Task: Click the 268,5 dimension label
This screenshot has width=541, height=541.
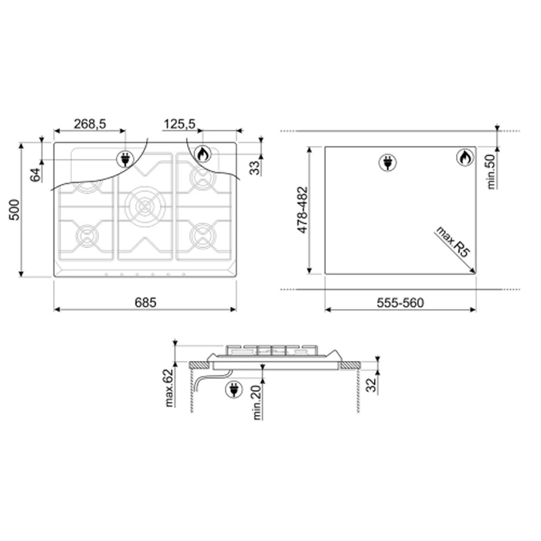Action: [x=90, y=124]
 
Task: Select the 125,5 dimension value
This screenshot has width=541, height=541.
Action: [x=179, y=124]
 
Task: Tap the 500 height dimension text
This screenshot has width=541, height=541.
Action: [x=15, y=209]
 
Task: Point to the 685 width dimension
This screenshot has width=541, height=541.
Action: [x=145, y=303]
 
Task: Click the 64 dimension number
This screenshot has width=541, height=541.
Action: [x=36, y=175]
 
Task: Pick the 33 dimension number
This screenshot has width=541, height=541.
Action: [x=254, y=168]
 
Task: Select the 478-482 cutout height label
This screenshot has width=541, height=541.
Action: [x=302, y=209]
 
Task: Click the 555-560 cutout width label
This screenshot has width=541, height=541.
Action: [x=400, y=303]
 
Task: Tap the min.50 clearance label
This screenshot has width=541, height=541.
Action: [x=491, y=172]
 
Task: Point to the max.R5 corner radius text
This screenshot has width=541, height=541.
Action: [x=453, y=241]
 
